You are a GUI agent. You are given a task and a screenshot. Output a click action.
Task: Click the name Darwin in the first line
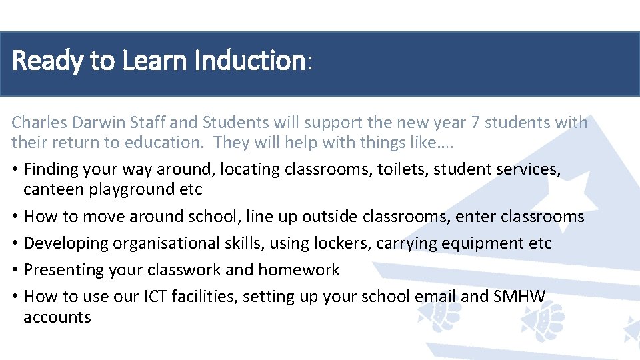click(101, 123)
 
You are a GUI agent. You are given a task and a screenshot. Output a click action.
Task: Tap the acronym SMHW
click(519, 297)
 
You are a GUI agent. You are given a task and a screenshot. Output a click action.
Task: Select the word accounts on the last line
click(57, 317)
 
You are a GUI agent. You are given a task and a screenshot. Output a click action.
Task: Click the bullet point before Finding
click(15, 170)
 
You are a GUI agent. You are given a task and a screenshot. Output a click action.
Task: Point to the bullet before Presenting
click(15, 270)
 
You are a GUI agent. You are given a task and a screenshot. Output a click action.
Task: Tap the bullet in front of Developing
click(15, 243)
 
